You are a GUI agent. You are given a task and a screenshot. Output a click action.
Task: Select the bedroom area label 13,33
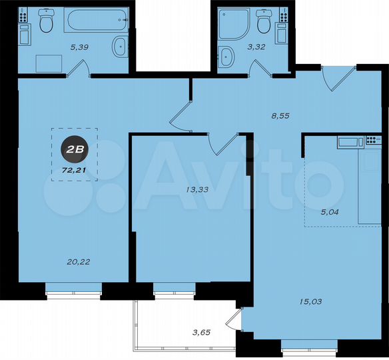tap(196, 189)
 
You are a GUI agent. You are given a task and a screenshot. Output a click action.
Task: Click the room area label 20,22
tap(79, 261)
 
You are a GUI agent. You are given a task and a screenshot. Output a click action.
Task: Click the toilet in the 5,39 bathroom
tap(46, 23)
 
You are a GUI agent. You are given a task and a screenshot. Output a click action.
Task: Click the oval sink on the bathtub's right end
tap(120, 47)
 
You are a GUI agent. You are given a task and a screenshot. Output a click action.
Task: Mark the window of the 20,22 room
tap(73, 288)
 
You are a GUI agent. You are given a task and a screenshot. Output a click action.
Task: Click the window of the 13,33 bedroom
tap(175, 288)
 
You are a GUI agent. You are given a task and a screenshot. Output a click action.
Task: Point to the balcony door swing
tap(232, 321)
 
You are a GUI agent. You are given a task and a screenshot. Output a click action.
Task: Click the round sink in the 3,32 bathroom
tap(228, 56)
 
